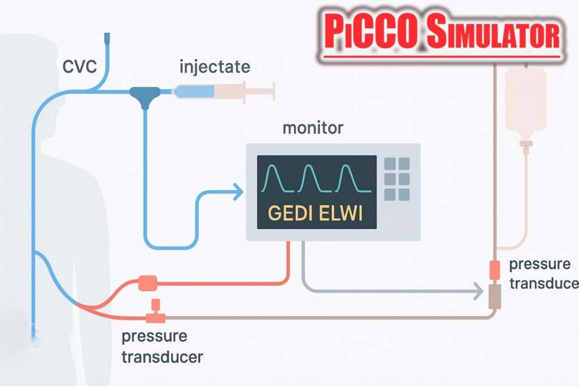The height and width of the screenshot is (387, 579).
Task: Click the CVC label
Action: coord(80,67)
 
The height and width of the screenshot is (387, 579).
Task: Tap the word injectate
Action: coord(214,66)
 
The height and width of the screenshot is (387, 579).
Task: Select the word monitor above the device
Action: coord(313,127)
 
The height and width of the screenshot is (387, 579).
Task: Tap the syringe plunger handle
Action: coord(273,90)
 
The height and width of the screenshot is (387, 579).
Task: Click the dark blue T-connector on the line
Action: coord(145,93)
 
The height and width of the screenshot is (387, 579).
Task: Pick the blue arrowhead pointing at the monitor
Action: coord(237,192)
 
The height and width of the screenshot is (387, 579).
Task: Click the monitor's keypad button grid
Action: coord(396,179)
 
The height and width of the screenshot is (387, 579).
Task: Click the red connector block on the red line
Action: coord(147,282)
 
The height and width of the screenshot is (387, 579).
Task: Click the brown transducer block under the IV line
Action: coord(495,296)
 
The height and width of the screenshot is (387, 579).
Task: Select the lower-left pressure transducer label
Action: coord(162,347)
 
